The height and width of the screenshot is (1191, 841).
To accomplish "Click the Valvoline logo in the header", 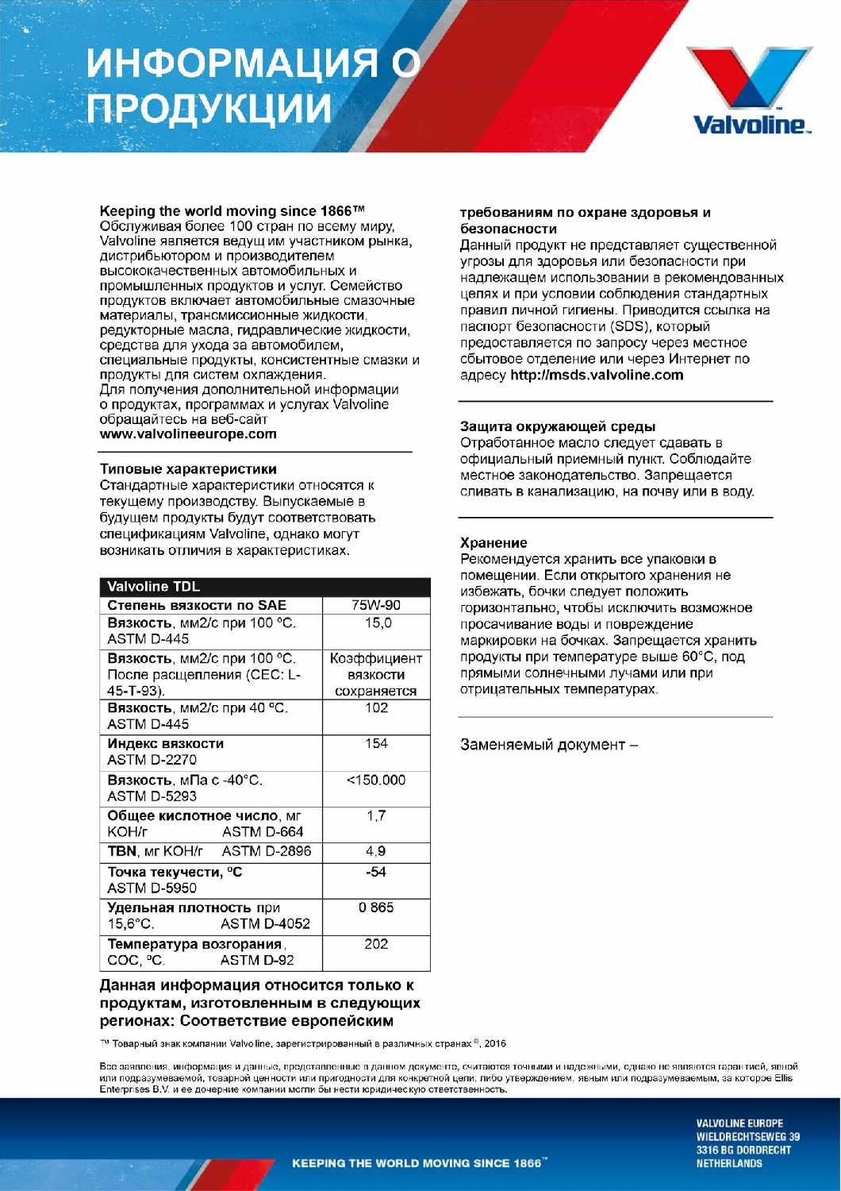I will [748, 90].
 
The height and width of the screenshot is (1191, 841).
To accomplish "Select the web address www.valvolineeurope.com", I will [188, 434].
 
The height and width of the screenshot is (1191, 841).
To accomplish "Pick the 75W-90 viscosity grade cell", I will [376, 605].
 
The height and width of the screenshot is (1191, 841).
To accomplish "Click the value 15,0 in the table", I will [376, 623].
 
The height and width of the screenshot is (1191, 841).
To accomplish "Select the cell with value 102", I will [376, 707].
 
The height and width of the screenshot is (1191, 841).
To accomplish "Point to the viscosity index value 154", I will [376, 744].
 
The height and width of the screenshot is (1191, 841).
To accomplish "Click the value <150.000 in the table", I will [376, 781].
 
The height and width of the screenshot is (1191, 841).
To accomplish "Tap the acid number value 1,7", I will [376, 816].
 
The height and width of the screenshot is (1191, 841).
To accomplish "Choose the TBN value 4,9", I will [376, 852].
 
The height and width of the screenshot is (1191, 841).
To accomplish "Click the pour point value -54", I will [376, 872].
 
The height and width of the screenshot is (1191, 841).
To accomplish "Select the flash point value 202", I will [376, 944].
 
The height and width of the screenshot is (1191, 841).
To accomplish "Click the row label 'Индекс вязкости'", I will [166, 744].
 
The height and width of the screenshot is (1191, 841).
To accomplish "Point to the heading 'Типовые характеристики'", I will [188, 469].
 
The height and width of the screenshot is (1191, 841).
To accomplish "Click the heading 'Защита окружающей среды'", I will [558, 426].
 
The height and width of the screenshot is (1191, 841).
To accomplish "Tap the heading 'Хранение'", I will [493, 543].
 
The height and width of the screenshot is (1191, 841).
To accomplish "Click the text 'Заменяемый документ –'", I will [549, 745].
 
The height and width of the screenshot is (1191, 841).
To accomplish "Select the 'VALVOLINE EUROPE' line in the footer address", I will [739, 1124].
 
